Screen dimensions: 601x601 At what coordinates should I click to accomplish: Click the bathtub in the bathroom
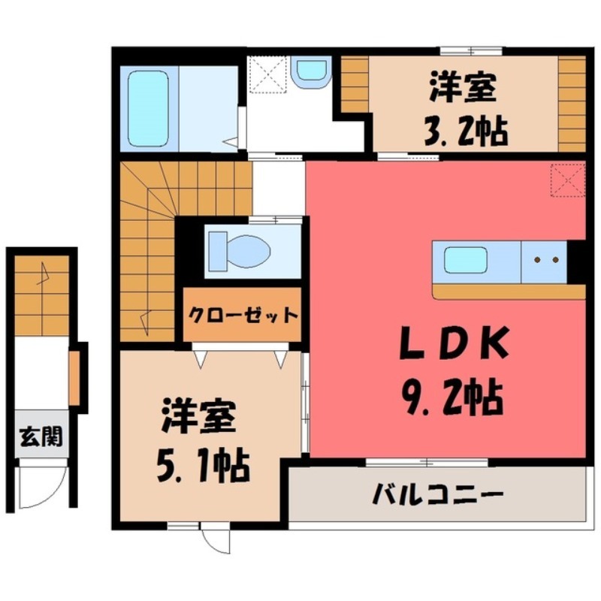click(x=147, y=108)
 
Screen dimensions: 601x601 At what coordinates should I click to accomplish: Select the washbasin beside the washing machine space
click(x=310, y=72)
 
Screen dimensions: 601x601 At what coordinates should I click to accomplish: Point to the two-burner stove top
click(x=545, y=261)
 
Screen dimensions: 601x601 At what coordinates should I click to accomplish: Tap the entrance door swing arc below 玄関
click(x=35, y=489)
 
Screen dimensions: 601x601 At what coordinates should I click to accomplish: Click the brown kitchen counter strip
click(x=509, y=291)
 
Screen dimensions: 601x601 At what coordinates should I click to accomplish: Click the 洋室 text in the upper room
click(x=462, y=88)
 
